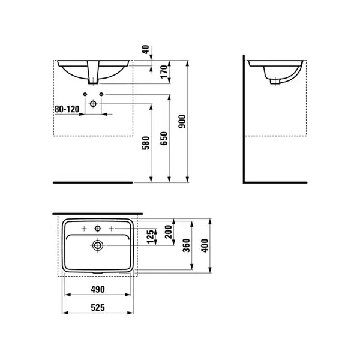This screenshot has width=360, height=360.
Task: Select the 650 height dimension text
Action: [164, 138]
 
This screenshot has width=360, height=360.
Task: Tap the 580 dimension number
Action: [146, 143]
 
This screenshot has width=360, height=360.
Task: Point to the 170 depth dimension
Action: [164, 71]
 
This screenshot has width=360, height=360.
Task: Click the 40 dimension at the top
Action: [146, 49]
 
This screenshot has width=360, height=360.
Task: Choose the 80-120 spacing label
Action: [67, 109]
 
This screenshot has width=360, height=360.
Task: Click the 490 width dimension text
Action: [98, 289]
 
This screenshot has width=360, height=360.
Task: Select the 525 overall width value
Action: [98, 307]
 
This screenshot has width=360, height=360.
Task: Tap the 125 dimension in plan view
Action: [150, 236]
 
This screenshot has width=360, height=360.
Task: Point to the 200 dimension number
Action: [169, 232]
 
